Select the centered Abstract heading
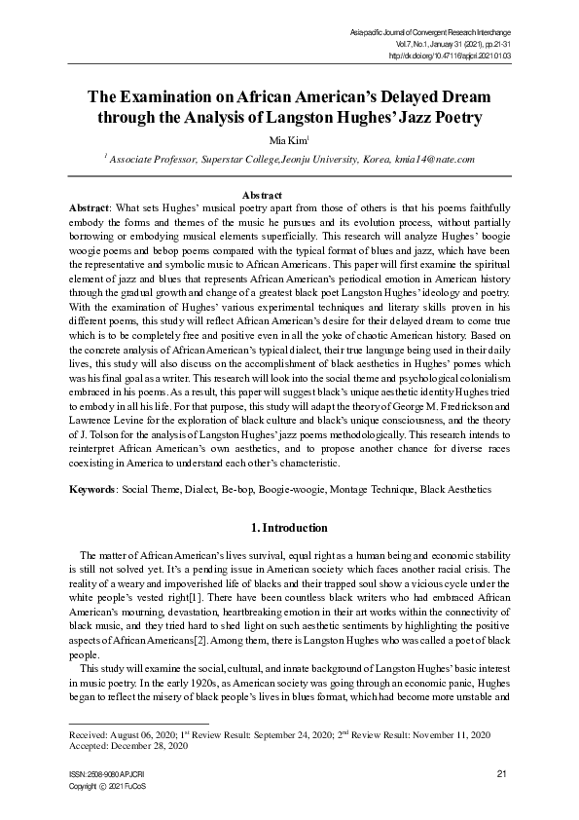289,195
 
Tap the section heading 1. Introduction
289,528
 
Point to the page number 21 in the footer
502,773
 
